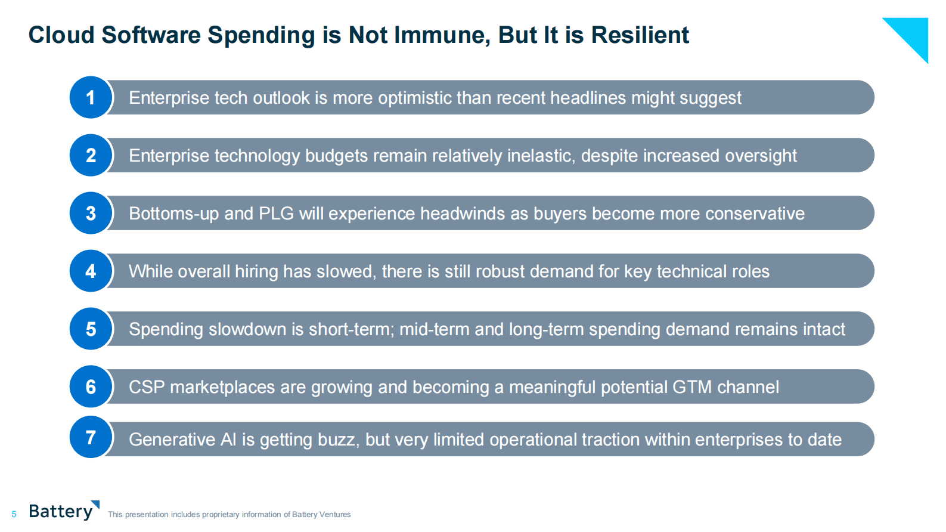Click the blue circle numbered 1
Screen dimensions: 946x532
click(91, 97)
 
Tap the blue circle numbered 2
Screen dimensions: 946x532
click(91, 155)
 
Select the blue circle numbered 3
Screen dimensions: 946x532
click(91, 213)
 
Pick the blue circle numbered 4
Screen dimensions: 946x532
click(91, 271)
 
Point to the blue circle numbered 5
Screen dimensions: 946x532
click(91, 329)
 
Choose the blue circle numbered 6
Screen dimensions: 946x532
click(91, 386)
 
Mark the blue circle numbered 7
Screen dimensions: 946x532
click(91, 437)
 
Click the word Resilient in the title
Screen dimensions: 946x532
click(640, 35)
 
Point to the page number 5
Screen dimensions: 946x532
click(14, 514)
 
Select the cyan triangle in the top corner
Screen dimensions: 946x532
click(912, 33)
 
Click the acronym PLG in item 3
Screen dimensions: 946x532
click(276, 214)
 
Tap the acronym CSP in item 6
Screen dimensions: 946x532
click(147, 387)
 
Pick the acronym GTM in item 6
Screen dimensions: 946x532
click(692, 387)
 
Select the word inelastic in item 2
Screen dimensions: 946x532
click(541, 156)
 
